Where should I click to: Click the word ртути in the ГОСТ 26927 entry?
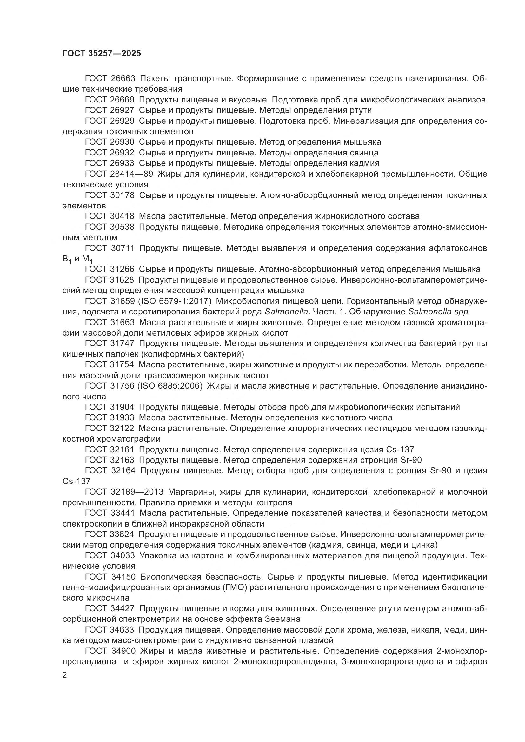tap(360, 110)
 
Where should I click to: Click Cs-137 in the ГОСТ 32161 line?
tap(400, 450)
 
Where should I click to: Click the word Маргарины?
tap(192, 492)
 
